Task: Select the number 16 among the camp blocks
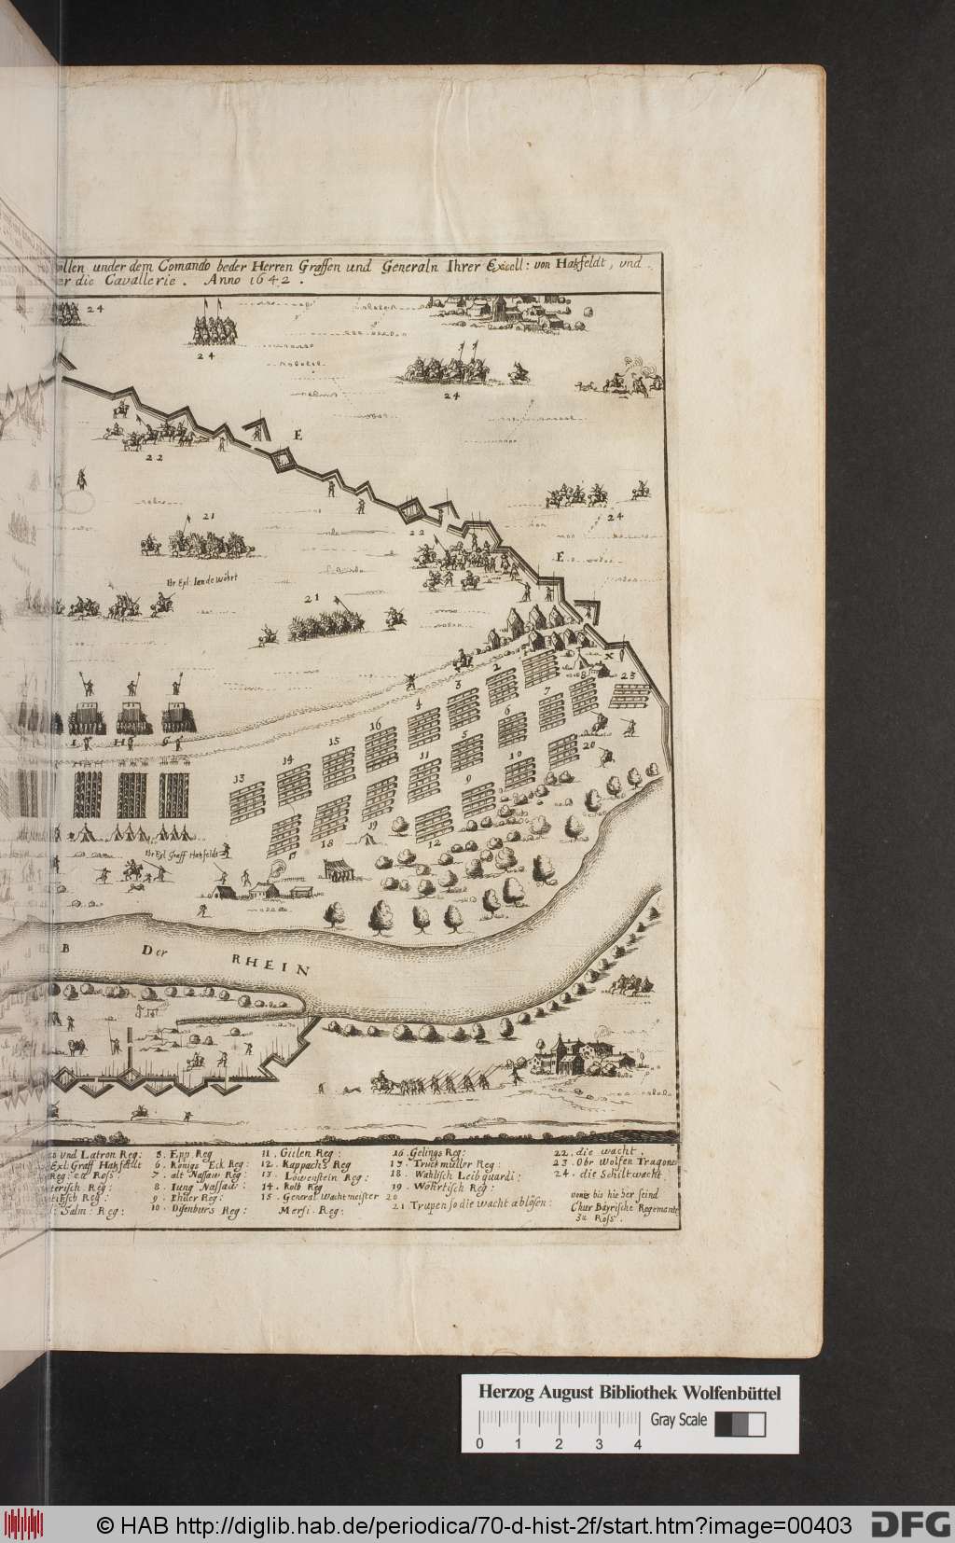click(x=375, y=724)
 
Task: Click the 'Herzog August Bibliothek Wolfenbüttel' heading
click(x=630, y=1314)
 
